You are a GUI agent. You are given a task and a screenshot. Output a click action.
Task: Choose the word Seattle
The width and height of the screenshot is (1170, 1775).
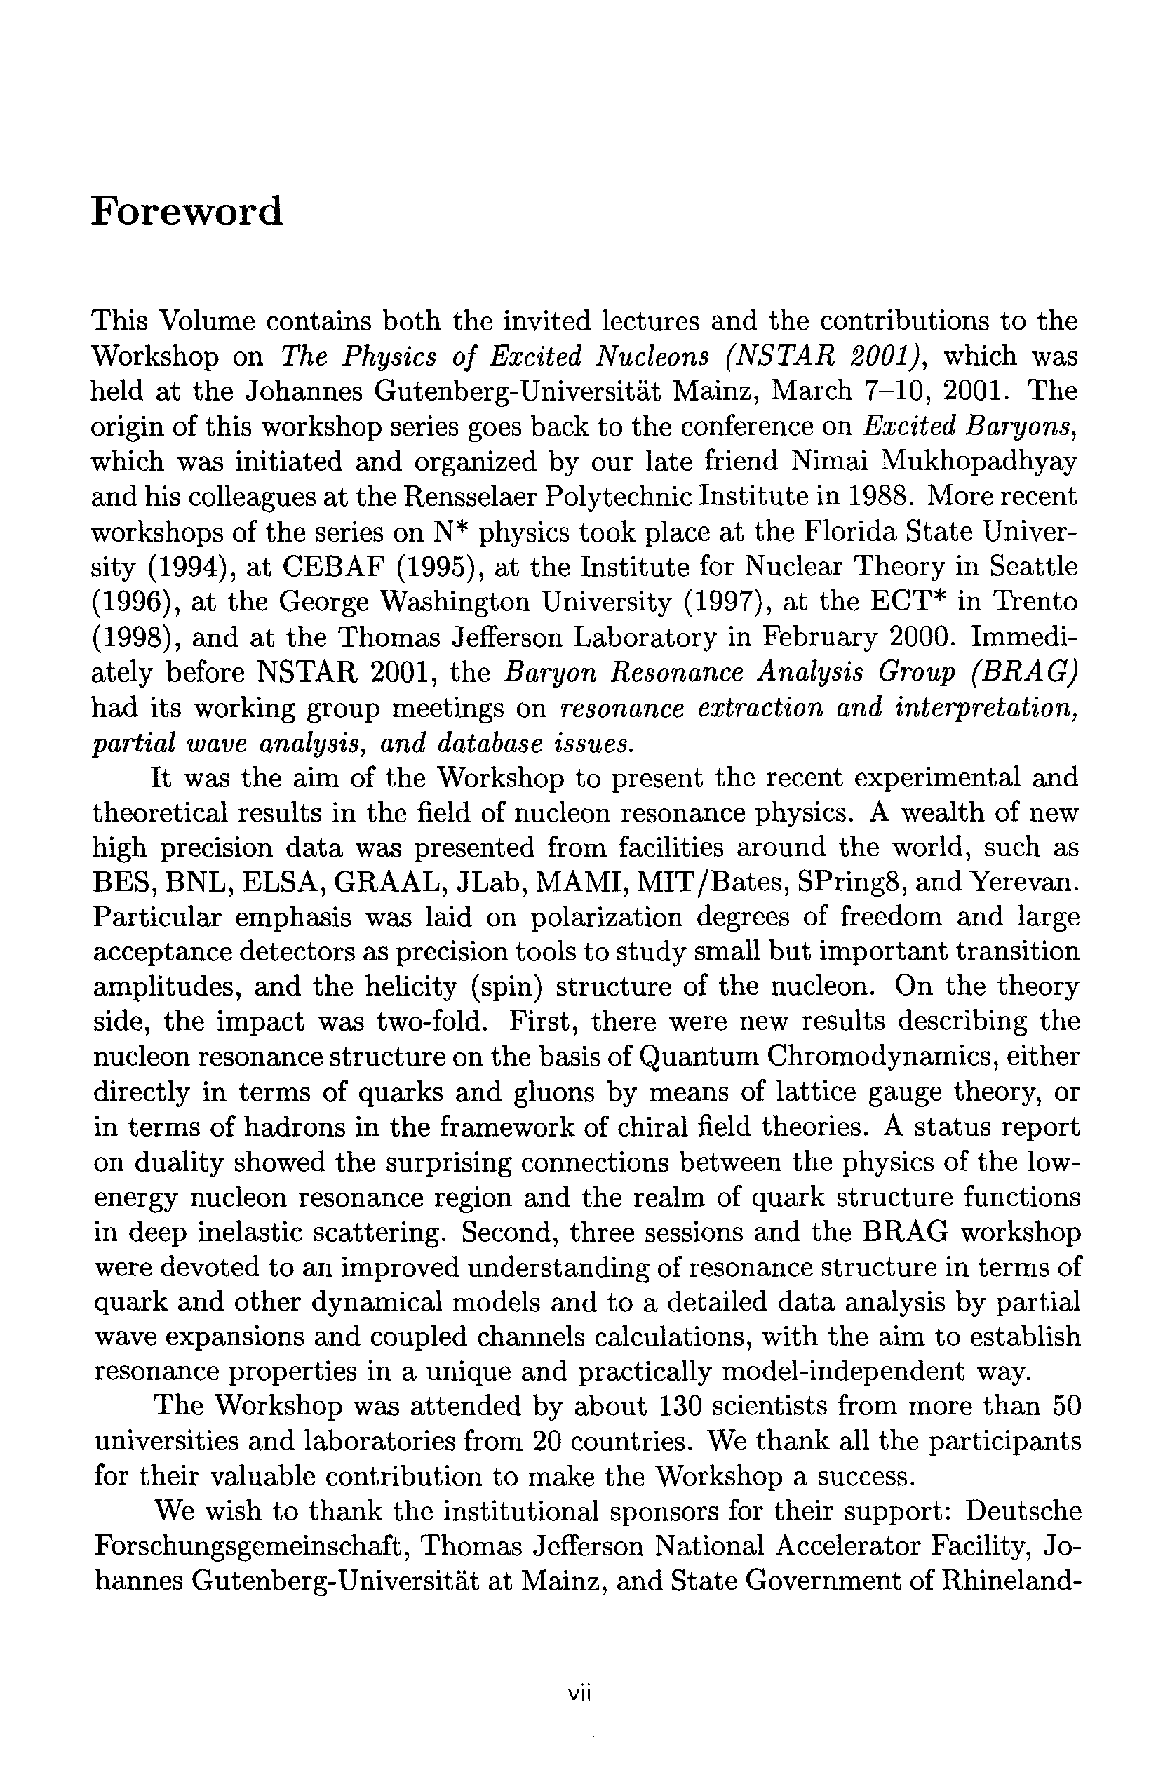[x=1033, y=566]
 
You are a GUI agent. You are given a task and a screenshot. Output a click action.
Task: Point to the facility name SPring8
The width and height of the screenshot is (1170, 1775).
[x=852, y=882]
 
